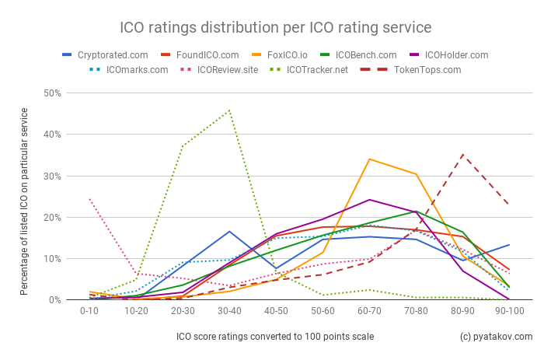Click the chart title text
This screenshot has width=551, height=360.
275,27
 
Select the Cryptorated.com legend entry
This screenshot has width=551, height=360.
113,55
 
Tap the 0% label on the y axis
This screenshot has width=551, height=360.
55,300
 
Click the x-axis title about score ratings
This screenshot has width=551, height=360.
274,337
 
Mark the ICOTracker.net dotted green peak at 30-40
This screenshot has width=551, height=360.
229,110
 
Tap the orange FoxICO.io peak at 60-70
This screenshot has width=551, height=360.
369,159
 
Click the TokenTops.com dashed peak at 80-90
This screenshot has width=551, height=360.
463,155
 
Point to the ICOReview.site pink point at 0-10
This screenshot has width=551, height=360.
89,199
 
